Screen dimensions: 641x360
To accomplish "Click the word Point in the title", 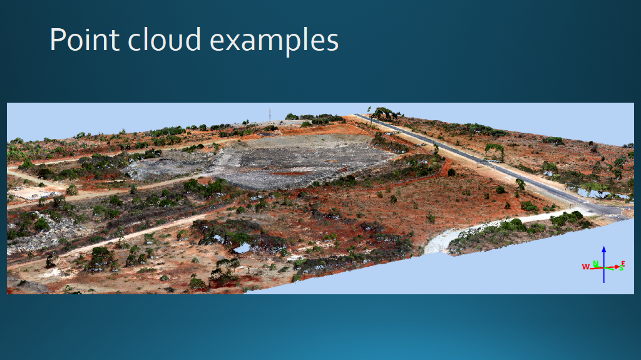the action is [85, 39].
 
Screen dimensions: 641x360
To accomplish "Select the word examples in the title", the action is [274, 41].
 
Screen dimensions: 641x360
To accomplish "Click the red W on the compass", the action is [585, 267].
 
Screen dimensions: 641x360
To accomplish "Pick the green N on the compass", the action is [596, 264].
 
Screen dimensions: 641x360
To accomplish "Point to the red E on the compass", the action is [623, 264].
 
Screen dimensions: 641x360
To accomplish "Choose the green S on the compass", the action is [621, 269].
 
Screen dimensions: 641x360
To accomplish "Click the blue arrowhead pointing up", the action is [604, 249].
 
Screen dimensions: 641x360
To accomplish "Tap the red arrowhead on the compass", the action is [617, 267].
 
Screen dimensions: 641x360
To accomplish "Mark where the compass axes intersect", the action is [604, 268].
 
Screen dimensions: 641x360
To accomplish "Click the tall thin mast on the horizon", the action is [269, 115].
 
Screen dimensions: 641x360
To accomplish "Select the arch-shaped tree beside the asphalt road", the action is [495, 152].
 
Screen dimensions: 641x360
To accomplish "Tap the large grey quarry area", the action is [286, 162].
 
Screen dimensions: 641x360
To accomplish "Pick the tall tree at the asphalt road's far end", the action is [382, 113].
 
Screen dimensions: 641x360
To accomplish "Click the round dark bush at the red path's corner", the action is [451, 172].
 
